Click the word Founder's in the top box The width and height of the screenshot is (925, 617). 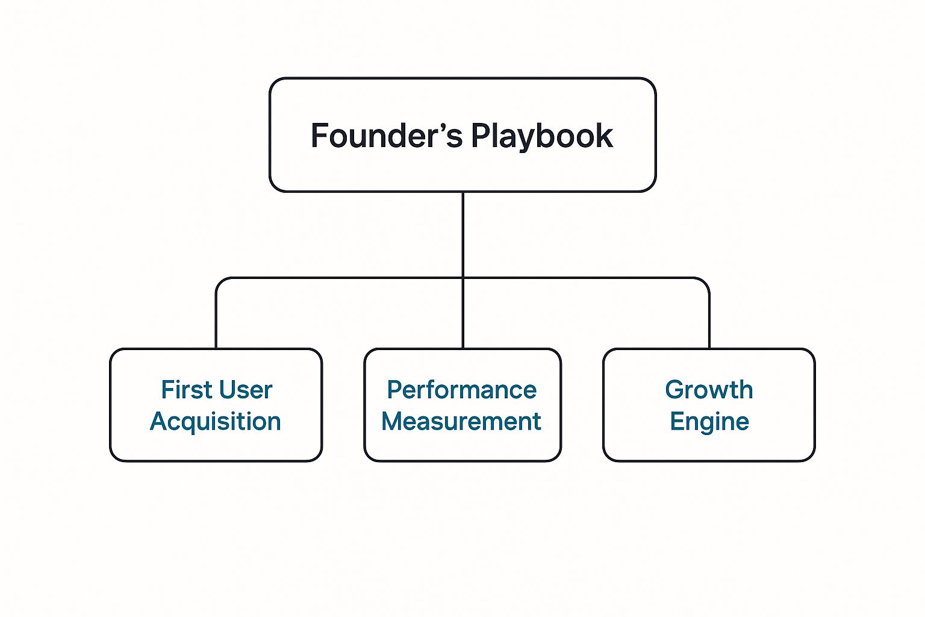click(x=386, y=136)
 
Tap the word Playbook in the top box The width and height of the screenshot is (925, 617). click(x=541, y=136)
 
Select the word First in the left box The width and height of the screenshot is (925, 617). click(x=182, y=390)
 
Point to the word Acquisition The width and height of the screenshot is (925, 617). click(x=216, y=421)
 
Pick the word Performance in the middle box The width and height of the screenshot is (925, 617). click(x=462, y=390)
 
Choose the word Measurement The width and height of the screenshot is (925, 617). click(x=462, y=421)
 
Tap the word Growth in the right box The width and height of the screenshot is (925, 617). click(x=709, y=390)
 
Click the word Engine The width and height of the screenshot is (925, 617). click(x=709, y=421)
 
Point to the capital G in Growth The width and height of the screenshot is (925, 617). click(x=675, y=390)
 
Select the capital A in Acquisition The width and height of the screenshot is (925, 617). click(x=158, y=421)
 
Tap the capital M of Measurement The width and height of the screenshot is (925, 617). click(x=393, y=421)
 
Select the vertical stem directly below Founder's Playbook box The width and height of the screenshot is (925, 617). click(x=462, y=235)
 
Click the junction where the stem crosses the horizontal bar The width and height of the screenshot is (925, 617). click(x=462, y=278)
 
